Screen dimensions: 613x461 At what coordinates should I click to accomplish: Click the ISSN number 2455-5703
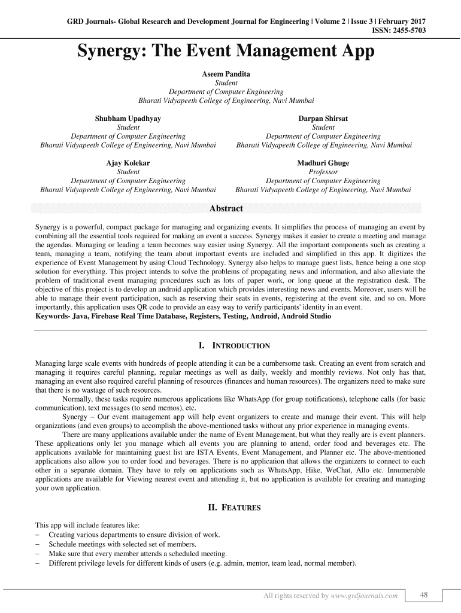(407, 30)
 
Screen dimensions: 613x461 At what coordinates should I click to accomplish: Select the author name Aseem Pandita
(226, 74)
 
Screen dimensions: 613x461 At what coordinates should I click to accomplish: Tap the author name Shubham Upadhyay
(128, 119)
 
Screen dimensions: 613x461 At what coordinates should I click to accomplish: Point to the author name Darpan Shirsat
(323, 119)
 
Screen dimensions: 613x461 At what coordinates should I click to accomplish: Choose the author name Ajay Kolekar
(128, 163)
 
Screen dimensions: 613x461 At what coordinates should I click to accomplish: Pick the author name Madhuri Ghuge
(323, 163)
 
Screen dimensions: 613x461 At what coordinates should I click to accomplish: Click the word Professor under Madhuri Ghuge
(323, 172)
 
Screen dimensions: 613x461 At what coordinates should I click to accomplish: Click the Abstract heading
(226, 208)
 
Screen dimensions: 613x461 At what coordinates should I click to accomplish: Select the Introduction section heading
(234, 346)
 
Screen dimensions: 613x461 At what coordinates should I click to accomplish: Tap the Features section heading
(234, 508)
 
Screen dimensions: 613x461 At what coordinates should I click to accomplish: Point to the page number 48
(424, 594)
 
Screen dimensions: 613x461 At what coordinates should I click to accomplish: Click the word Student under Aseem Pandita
(226, 83)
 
